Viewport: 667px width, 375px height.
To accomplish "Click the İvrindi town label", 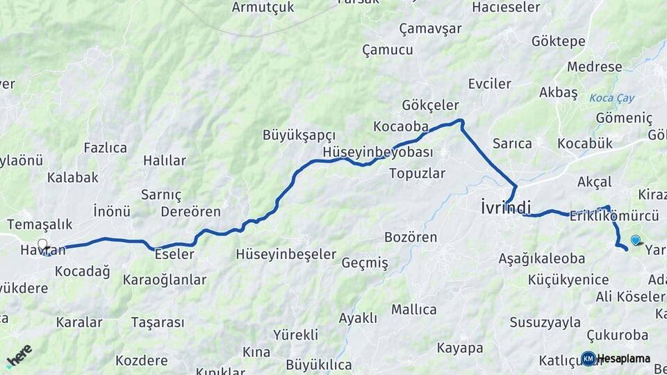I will [x=506, y=207].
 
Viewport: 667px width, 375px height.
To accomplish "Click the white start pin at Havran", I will [x=42, y=244].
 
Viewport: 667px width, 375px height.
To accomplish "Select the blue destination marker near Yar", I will [x=635, y=240].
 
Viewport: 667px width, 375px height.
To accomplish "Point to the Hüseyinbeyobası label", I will [x=378, y=152].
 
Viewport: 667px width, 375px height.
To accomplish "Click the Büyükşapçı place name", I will [x=299, y=135].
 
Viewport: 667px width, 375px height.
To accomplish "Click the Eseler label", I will [x=174, y=254].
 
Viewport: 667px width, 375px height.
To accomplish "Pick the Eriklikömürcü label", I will [x=604, y=216].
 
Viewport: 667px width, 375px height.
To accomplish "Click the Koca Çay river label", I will [x=611, y=98].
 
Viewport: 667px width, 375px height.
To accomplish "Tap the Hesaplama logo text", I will [x=623, y=358].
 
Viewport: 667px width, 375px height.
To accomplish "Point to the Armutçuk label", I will [x=263, y=7].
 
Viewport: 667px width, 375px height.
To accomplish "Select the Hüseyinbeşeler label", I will [x=286, y=254].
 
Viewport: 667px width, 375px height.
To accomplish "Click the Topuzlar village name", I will [x=417, y=174].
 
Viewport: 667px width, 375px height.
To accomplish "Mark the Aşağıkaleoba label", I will [x=541, y=258].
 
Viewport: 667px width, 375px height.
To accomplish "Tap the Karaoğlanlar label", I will [x=165, y=280].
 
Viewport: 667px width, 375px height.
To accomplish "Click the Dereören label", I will [x=190, y=212].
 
